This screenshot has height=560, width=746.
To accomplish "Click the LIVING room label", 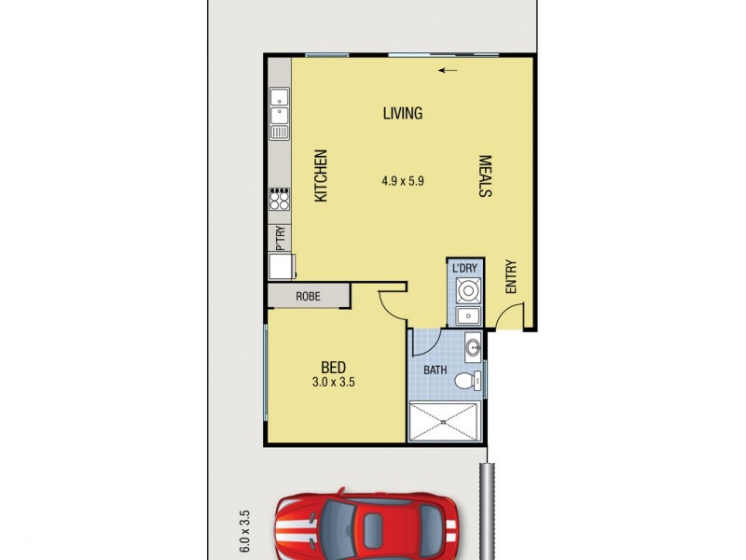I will (403, 114).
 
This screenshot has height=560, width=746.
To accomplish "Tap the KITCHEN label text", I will (321, 176).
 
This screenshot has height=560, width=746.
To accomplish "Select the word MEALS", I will (485, 176).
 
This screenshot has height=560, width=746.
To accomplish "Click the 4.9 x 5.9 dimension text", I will (403, 182).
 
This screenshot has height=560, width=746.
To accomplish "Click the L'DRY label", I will (464, 269).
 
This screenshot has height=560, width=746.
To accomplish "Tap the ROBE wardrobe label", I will (308, 297).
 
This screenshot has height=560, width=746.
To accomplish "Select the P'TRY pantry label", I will (280, 238).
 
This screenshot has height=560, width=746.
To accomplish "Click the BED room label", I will (335, 366).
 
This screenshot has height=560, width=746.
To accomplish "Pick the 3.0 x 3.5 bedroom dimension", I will (335, 382).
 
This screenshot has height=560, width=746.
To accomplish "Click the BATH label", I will (436, 371).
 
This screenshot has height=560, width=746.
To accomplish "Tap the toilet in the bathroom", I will (473, 379).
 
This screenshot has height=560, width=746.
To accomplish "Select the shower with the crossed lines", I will (446, 421).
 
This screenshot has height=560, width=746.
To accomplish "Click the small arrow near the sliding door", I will (449, 69).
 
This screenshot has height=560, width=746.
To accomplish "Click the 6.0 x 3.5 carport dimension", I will (245, 531).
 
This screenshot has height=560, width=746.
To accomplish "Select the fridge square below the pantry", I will (281, 267).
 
